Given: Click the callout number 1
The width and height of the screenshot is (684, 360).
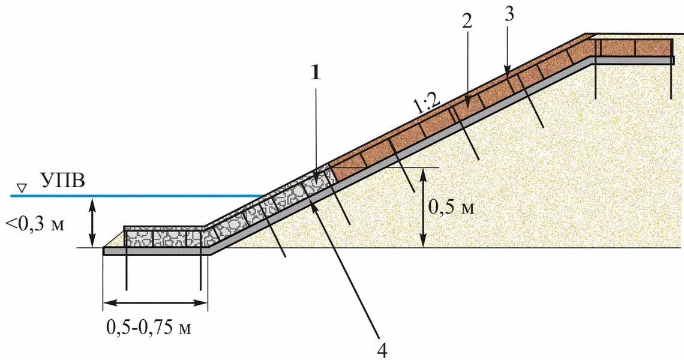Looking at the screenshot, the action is [x=315, y=73].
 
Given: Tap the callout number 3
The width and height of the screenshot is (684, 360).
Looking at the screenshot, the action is [x=508, y=14].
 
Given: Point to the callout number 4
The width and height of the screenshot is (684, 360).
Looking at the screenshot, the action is [x=382, y=350].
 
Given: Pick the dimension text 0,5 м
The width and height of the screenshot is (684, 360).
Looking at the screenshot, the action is [x=450, y=208].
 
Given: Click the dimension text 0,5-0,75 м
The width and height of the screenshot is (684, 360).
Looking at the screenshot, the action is [x=149, y=327].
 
